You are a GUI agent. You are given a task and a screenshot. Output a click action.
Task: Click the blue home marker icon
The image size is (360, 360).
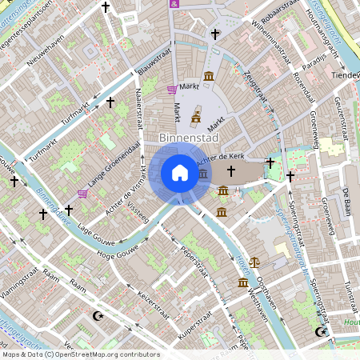pyautogui.click(x=180, y=173)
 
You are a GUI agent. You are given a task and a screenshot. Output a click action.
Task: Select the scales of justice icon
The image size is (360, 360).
pyautogui.click(x=255, y=261)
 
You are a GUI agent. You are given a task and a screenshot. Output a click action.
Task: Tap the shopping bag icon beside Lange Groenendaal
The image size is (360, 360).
pyautogui.click(x=82, y=193)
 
